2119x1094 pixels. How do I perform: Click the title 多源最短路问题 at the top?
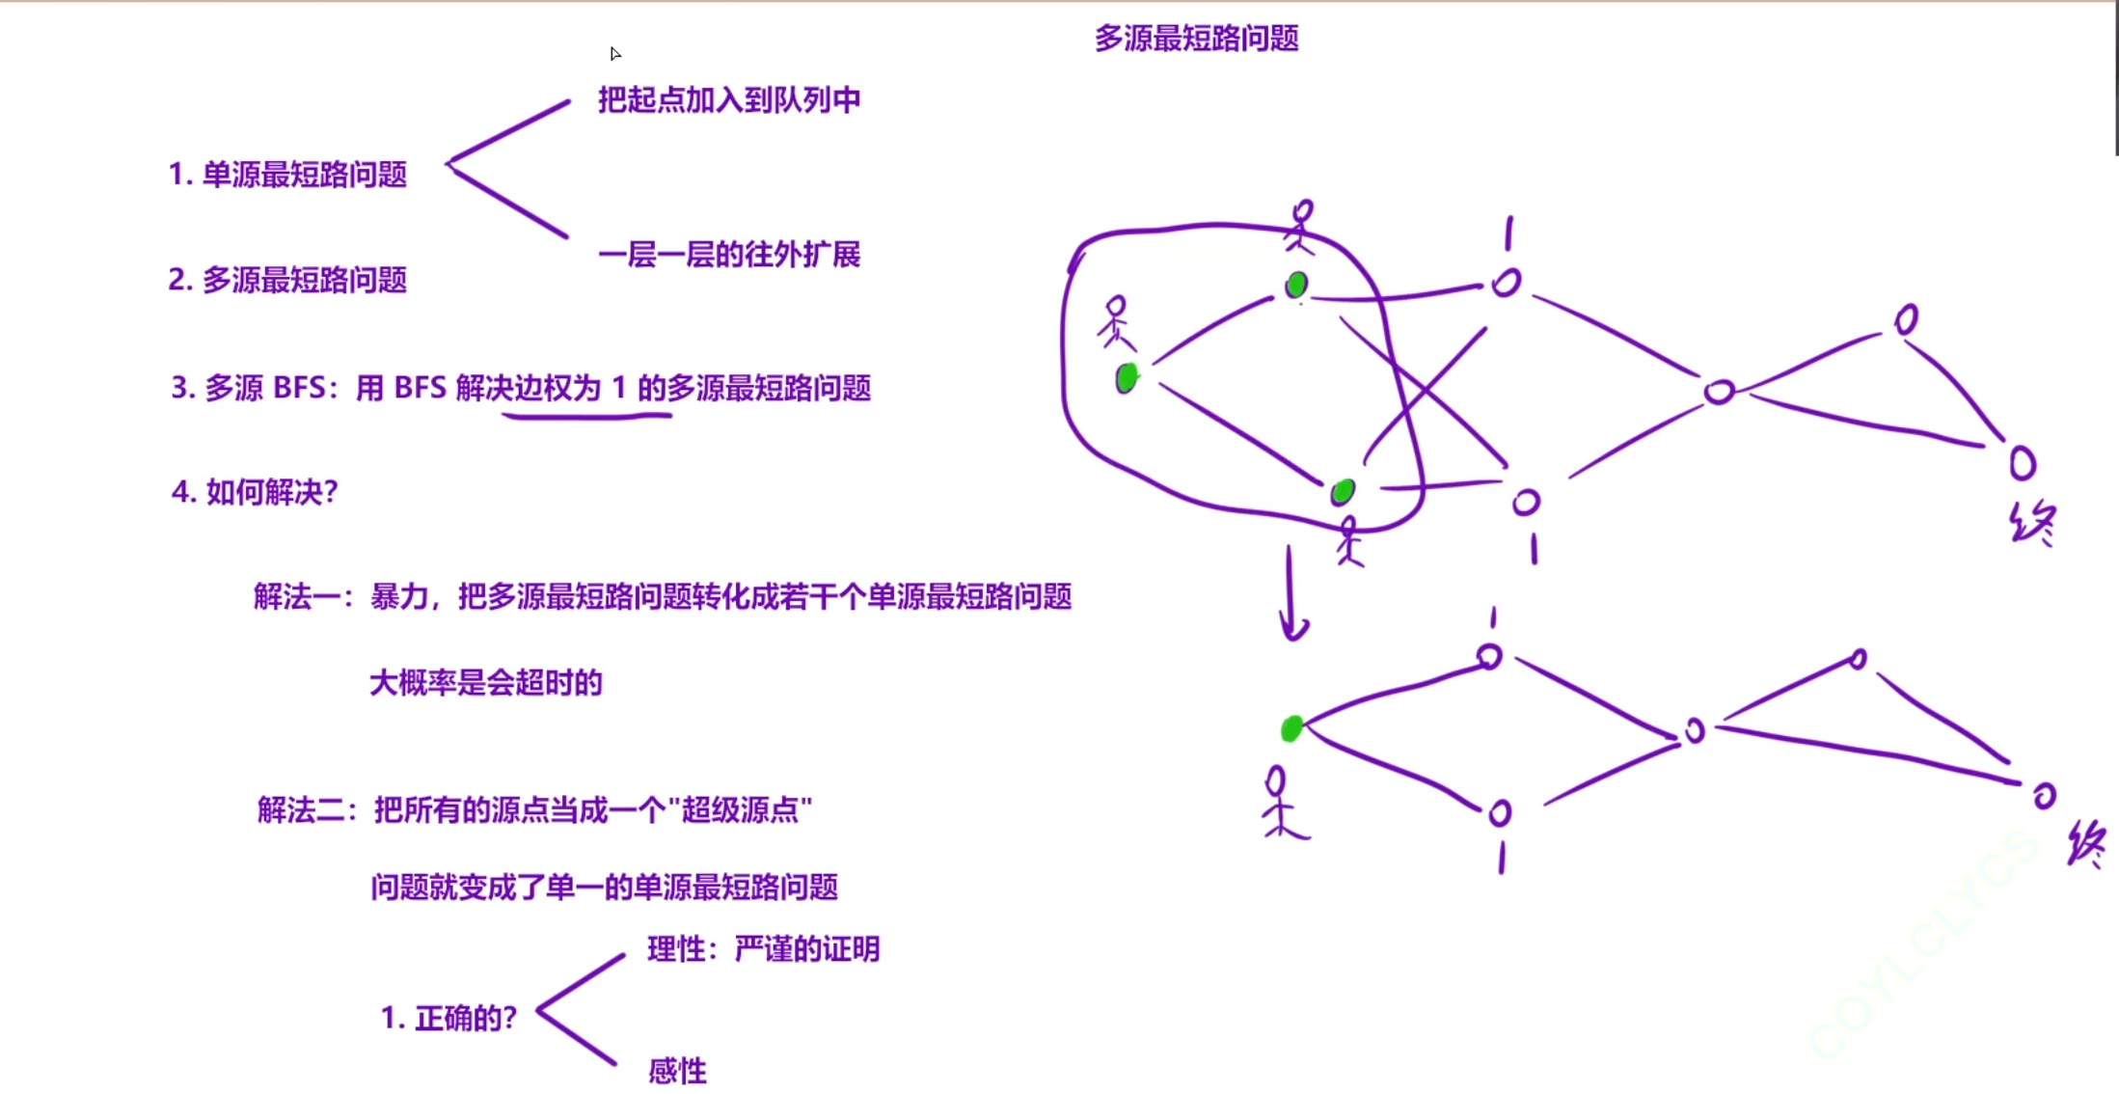[x=1196, y=39]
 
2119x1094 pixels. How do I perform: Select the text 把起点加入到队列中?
[x=728, y=99]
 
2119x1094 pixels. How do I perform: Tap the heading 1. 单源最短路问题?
[x=287, y=175]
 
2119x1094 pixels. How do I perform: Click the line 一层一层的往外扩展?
[x=728, y=255]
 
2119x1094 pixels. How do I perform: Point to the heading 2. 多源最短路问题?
[x=287, y=280]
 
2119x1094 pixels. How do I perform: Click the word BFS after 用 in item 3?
[x=420, y=388]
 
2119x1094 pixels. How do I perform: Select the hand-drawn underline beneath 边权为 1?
[x=586, y=416]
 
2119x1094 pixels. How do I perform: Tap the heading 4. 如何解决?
[x=255, y=492]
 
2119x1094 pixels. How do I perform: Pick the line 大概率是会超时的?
[x=485, y=683]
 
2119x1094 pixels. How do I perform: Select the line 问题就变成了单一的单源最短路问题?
[x=604, y=887]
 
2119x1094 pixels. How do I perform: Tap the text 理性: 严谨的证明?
[x=763, y=949]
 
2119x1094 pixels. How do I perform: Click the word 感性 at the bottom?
[x=677, y=1071]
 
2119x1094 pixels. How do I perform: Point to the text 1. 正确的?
[x=448, y=1018]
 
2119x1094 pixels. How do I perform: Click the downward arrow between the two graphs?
[x=1291, y=593]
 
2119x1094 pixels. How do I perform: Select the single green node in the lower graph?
[x=1291, y=728]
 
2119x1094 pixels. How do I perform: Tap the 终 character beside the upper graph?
[x=2033, y=524]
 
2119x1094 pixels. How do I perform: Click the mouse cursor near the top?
[x=614, y=53]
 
